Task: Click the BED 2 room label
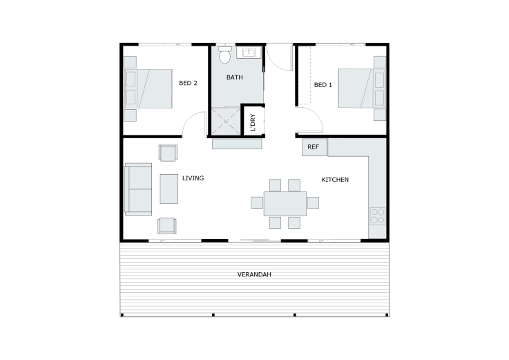[188, 83]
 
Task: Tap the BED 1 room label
[323, 85]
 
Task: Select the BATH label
[234, 77]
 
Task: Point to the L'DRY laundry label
[253, 122]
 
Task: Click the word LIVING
[193, 178]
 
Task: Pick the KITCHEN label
[335, 180]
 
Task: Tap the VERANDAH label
[254, 274]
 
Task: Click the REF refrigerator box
[314, 147]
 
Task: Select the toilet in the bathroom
[224, 55]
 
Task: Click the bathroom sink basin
[249, 53]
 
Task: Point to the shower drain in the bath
[226, 122]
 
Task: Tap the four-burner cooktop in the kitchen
[378, 216]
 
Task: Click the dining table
[285, 204]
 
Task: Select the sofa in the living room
[138, 189]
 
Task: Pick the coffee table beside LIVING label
[169, 189]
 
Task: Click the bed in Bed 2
[148, 88]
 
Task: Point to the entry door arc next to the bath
[276, 64]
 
